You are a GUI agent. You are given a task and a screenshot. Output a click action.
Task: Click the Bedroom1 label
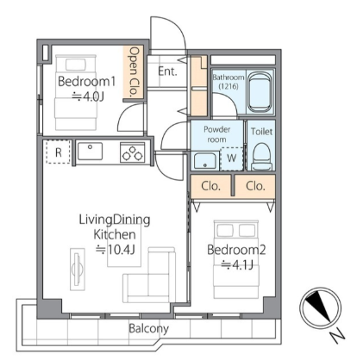[x=86, y=82]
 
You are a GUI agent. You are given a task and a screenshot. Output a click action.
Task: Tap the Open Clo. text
[x=135, y=71]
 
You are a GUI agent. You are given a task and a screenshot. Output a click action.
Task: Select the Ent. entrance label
[x=167, y=71]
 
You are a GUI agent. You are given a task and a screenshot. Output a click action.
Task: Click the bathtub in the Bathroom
[x=260, y=92]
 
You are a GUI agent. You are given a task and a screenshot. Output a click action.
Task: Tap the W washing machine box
[x=232, y=158]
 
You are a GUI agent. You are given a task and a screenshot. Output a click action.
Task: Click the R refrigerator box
[x=59, y=152]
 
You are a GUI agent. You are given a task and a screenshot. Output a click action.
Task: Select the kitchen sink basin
[x=90, y=151]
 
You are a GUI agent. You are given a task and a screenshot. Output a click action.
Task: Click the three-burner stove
[x=132, y=152]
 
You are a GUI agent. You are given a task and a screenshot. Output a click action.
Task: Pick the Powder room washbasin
[x=204, y=161]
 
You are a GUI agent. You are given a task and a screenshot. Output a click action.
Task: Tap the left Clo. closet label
[x=211, y=186]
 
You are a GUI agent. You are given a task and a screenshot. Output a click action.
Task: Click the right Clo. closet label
[x=255, y=186]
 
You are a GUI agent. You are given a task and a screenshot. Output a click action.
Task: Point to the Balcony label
[x=148, y=328]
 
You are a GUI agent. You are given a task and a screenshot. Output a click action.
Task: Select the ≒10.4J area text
[x=116, y=250]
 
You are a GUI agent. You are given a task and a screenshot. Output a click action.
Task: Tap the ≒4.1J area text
[x=237, y=264]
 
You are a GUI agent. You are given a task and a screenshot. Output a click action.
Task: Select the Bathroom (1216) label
[x=228, y=82]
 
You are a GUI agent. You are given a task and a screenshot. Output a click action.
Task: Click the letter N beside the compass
[x=337, y=336]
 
